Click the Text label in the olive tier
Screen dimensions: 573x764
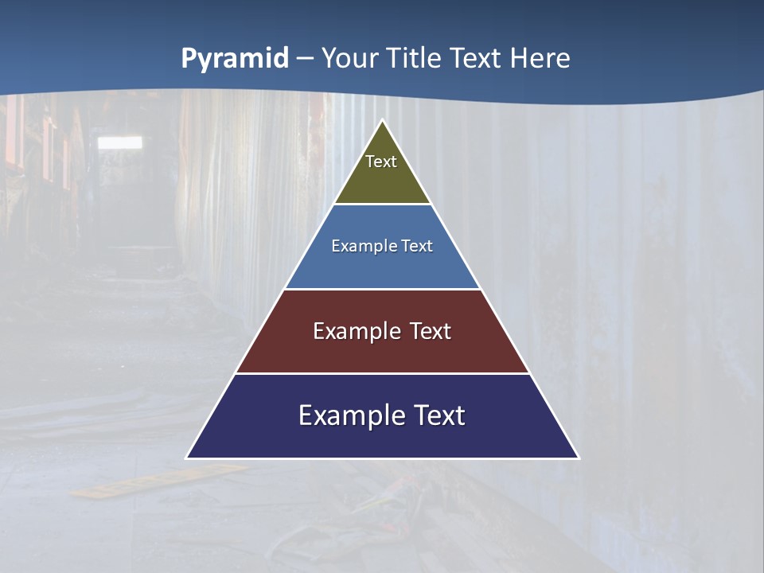point(381,162)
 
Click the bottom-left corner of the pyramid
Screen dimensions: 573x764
point(187,458)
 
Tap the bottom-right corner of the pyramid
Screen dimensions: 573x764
point(579,458)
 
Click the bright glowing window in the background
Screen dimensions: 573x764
point(119,142)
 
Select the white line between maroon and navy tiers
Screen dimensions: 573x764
point(383,373)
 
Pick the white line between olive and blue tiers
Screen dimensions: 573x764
point(383,204)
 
